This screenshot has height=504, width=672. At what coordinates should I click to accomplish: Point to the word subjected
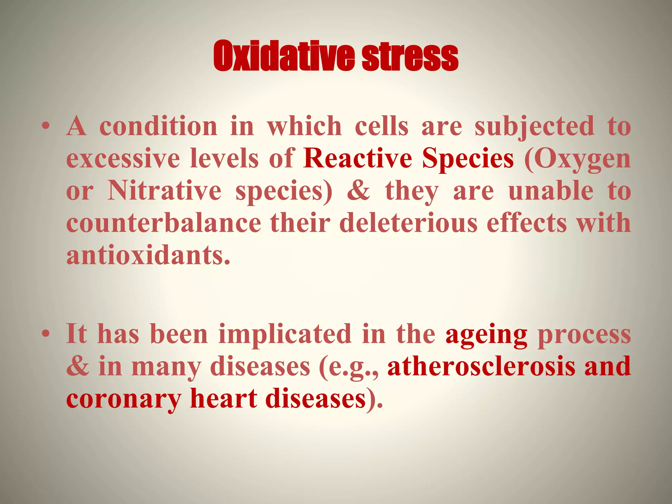(x=534, y=127)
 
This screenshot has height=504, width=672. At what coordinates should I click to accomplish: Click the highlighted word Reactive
(x=358, y=158)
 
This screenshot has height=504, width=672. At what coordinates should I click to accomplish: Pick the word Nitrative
(x=164, y=191)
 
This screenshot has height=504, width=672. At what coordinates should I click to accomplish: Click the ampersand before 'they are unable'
(x=358, y=191)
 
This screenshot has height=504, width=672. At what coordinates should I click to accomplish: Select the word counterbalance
(x=163, y=223)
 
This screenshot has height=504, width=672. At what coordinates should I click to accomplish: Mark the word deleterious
(x=408, y=223)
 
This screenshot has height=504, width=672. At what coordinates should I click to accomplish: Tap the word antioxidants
(x=148, y=255)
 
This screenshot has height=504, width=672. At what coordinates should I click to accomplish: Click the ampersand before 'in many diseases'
(x=77, y=367)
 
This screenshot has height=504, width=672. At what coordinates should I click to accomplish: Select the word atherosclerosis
(x=481, y=367)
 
